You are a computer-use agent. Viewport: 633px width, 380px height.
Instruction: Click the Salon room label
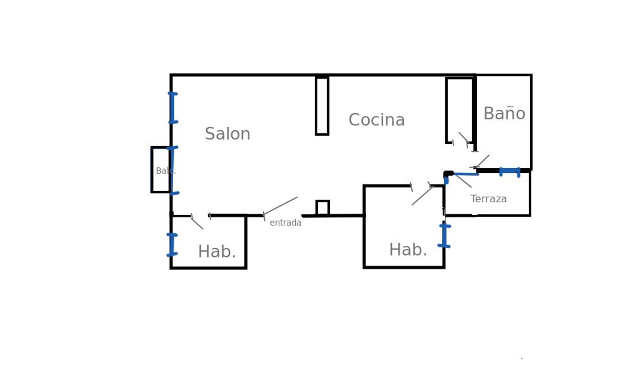(227, 134)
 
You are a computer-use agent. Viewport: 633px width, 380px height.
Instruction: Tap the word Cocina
(376, 120)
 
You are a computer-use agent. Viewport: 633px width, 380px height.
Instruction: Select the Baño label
(504, 114)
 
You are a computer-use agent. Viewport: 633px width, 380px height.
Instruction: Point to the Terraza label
(488, 199)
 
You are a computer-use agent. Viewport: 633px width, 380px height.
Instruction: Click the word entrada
(285, 223)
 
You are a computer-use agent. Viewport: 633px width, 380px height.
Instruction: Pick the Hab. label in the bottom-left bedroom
(216, 252)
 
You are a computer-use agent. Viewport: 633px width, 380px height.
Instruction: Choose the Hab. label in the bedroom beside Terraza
(408, 250)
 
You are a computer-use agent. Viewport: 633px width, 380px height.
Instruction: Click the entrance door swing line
(281, 206)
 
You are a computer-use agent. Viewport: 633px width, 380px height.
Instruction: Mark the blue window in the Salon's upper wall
(172, 108)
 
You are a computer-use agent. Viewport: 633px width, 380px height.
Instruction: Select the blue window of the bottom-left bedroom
(172, 245)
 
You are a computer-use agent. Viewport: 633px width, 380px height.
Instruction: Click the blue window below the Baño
(509, 171)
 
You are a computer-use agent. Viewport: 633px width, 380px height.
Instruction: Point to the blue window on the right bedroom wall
(444, 236)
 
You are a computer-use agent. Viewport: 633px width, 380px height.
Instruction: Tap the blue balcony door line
(172, 170)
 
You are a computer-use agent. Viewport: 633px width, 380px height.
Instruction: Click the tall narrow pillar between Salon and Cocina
(322, 106)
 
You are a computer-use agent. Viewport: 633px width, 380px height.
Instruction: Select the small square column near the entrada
(322, 208)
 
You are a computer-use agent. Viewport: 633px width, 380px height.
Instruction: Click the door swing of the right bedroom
(422, 195)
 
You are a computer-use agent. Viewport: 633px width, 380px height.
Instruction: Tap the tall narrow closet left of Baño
(460, 110)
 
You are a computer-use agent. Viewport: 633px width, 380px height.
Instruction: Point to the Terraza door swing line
(463, 180)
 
